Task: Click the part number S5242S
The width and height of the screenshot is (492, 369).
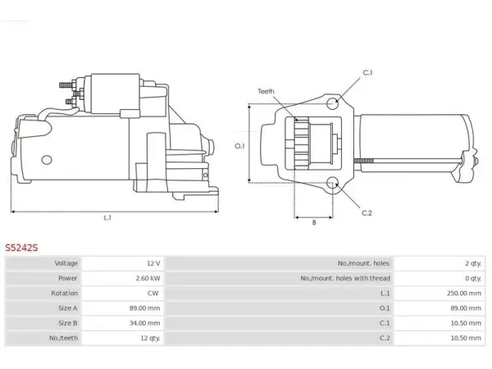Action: tap(21, 248)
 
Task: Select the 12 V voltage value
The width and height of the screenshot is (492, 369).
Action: tap(153, 263)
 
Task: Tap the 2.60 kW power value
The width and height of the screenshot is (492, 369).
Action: tap(148, 278)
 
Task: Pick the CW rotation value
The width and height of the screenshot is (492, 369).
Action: tap(153, 293)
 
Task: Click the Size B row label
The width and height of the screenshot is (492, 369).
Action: tap(68, 323)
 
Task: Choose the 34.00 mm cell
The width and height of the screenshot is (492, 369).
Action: tap(144, 323)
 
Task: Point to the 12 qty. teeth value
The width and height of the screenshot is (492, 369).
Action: tap(150, 338)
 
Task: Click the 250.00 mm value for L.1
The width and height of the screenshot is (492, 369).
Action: tap(464, 293)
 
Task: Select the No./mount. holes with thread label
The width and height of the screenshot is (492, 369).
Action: tap(345, 278)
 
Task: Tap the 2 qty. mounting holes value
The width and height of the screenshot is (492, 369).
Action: tap(473, 263)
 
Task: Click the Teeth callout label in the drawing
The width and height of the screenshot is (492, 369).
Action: tap(266, 91)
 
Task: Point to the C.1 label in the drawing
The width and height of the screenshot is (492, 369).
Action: tap(367, 73)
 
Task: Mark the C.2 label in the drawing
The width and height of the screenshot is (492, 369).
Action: tap(367, 213)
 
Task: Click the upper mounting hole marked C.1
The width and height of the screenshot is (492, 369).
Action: tap(333, 102)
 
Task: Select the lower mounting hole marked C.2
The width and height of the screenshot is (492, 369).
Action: tap(333, 183)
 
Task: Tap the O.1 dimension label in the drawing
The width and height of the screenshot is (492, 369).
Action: tap(239, 146)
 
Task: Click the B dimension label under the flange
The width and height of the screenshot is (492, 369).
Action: tap(314, 222)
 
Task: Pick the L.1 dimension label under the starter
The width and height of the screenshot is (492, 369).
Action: tap(107, 217)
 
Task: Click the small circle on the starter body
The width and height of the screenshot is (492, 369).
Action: tap(47, 160)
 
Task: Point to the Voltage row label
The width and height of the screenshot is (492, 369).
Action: tap(66, 263)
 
